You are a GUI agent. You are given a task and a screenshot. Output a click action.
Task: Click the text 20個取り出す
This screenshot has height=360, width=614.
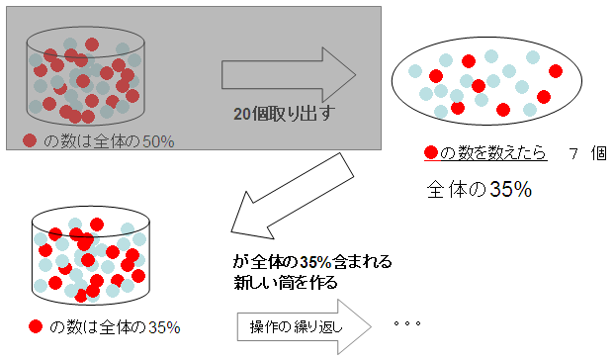tap(285, 114)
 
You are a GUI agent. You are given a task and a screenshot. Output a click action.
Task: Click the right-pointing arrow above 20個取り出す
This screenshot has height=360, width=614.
tap(289, 75)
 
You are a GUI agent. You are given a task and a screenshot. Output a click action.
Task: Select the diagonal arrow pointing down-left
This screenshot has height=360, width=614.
tap(292, 196)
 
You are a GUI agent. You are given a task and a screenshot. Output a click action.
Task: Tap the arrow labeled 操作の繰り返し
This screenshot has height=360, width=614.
tap(305, 326)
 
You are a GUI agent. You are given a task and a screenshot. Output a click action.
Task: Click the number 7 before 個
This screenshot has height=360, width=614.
tap(573, 153)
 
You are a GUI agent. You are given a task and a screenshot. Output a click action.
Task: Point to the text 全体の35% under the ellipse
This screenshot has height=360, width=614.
tap(480, 189)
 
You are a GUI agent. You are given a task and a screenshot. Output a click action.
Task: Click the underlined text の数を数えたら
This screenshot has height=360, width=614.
tap(492, 152)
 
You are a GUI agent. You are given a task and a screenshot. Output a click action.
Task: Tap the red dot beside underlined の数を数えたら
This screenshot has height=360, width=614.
tap(431, 152)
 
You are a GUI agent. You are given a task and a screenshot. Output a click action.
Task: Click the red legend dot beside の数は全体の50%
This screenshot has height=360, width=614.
tap(30, 140)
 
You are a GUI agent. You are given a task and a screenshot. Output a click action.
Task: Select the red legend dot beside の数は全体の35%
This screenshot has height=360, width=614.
tap(36, 326)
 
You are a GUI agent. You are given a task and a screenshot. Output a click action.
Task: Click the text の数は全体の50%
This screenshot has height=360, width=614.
tap(109, 141)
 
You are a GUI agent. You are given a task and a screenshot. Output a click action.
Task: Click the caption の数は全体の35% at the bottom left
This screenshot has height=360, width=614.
tap(115, 327)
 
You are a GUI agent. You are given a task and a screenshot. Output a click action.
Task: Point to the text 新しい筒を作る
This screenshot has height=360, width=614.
tap(286, 282)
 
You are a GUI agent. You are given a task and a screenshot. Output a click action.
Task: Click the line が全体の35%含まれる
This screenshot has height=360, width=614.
tap(312, 261)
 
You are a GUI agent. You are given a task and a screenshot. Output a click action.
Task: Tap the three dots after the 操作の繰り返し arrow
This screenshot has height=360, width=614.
tap(407, 323)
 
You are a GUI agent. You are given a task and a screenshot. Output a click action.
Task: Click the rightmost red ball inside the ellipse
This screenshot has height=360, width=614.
tap(556, 71)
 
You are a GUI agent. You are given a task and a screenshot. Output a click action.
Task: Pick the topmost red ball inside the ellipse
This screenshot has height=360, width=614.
tap(469, 61)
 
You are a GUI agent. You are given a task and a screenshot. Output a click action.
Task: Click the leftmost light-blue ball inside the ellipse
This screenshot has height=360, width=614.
tap(415, 71)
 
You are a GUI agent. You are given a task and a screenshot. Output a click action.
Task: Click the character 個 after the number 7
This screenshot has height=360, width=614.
tap(599, 153)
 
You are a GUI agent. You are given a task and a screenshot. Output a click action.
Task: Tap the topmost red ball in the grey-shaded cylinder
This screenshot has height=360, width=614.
tap(92, 45)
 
